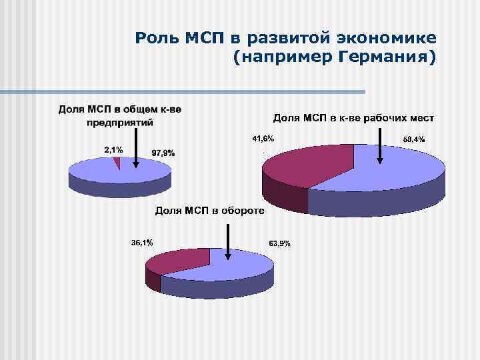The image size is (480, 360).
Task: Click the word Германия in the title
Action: (384, 59)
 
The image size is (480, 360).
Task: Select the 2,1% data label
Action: (113, 150)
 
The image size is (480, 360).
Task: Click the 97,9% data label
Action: (163, 153)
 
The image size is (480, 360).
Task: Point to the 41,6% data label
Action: (262, 139)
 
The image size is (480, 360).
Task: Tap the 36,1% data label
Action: (141, 243)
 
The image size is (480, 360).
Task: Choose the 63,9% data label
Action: (279, 243)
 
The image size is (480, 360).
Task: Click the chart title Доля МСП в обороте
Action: (210, 211)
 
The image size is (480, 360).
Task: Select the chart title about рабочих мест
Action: (353, 118)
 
